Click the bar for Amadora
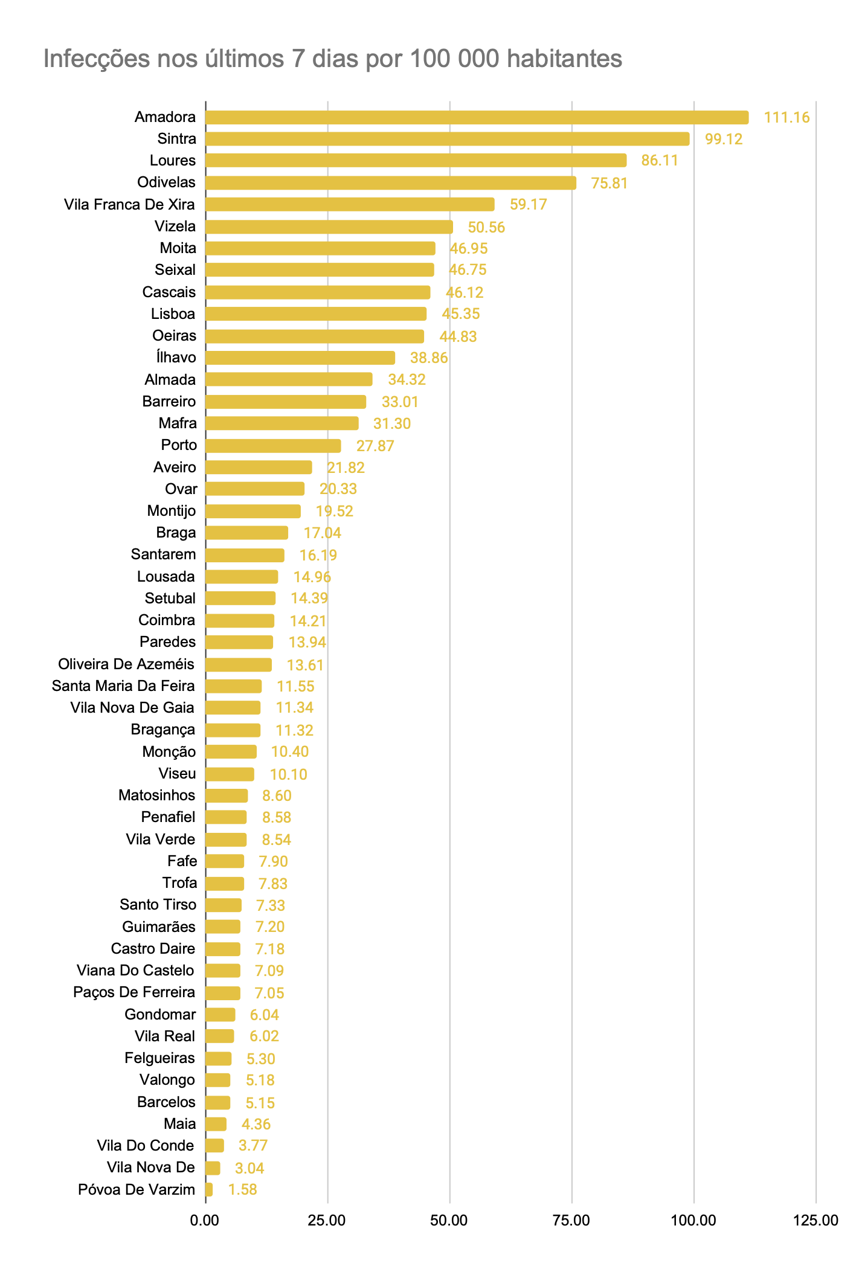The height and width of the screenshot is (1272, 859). (477, 117)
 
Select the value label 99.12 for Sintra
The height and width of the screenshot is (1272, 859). (724, 140)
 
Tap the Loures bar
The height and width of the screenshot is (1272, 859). (416, 161)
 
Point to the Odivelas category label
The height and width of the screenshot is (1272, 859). (166, 182)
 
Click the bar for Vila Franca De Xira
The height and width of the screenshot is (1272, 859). (350, 204)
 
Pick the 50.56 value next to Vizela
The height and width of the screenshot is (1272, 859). (486, 227)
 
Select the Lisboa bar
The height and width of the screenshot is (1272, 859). (316, 314)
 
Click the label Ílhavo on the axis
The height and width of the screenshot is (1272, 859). (176, 358)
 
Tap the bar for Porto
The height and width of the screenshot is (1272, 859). (273, 446)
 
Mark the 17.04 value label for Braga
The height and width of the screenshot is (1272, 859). (322, 533)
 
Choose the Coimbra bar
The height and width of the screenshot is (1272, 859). (240, 620)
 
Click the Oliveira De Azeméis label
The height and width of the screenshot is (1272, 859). (126, 664)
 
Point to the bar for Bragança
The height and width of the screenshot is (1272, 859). (233, 730)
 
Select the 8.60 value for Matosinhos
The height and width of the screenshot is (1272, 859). (277, 796)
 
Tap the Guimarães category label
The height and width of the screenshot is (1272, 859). (158, 927)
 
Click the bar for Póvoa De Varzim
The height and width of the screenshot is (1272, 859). (209, 1190)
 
